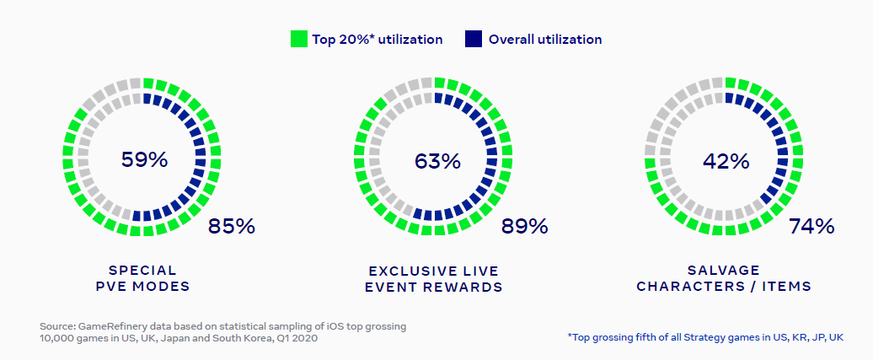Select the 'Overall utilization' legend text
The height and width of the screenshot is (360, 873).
coord(545,39)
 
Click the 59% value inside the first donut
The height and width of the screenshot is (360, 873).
coord(144,159)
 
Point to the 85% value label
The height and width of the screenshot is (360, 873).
coord(231,226)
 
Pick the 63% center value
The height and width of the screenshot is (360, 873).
coord(436,160)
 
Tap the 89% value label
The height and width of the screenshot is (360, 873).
coord(524,226)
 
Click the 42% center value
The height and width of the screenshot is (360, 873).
coord(726,160)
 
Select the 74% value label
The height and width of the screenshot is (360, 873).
coord(811,226)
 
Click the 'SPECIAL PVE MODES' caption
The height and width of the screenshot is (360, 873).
coord(142,278)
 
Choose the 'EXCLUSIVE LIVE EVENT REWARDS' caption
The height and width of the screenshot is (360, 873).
coord(433,278)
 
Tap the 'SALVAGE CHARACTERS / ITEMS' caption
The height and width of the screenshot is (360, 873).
coord(724,278)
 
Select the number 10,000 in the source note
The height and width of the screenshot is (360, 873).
coord(56,337)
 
